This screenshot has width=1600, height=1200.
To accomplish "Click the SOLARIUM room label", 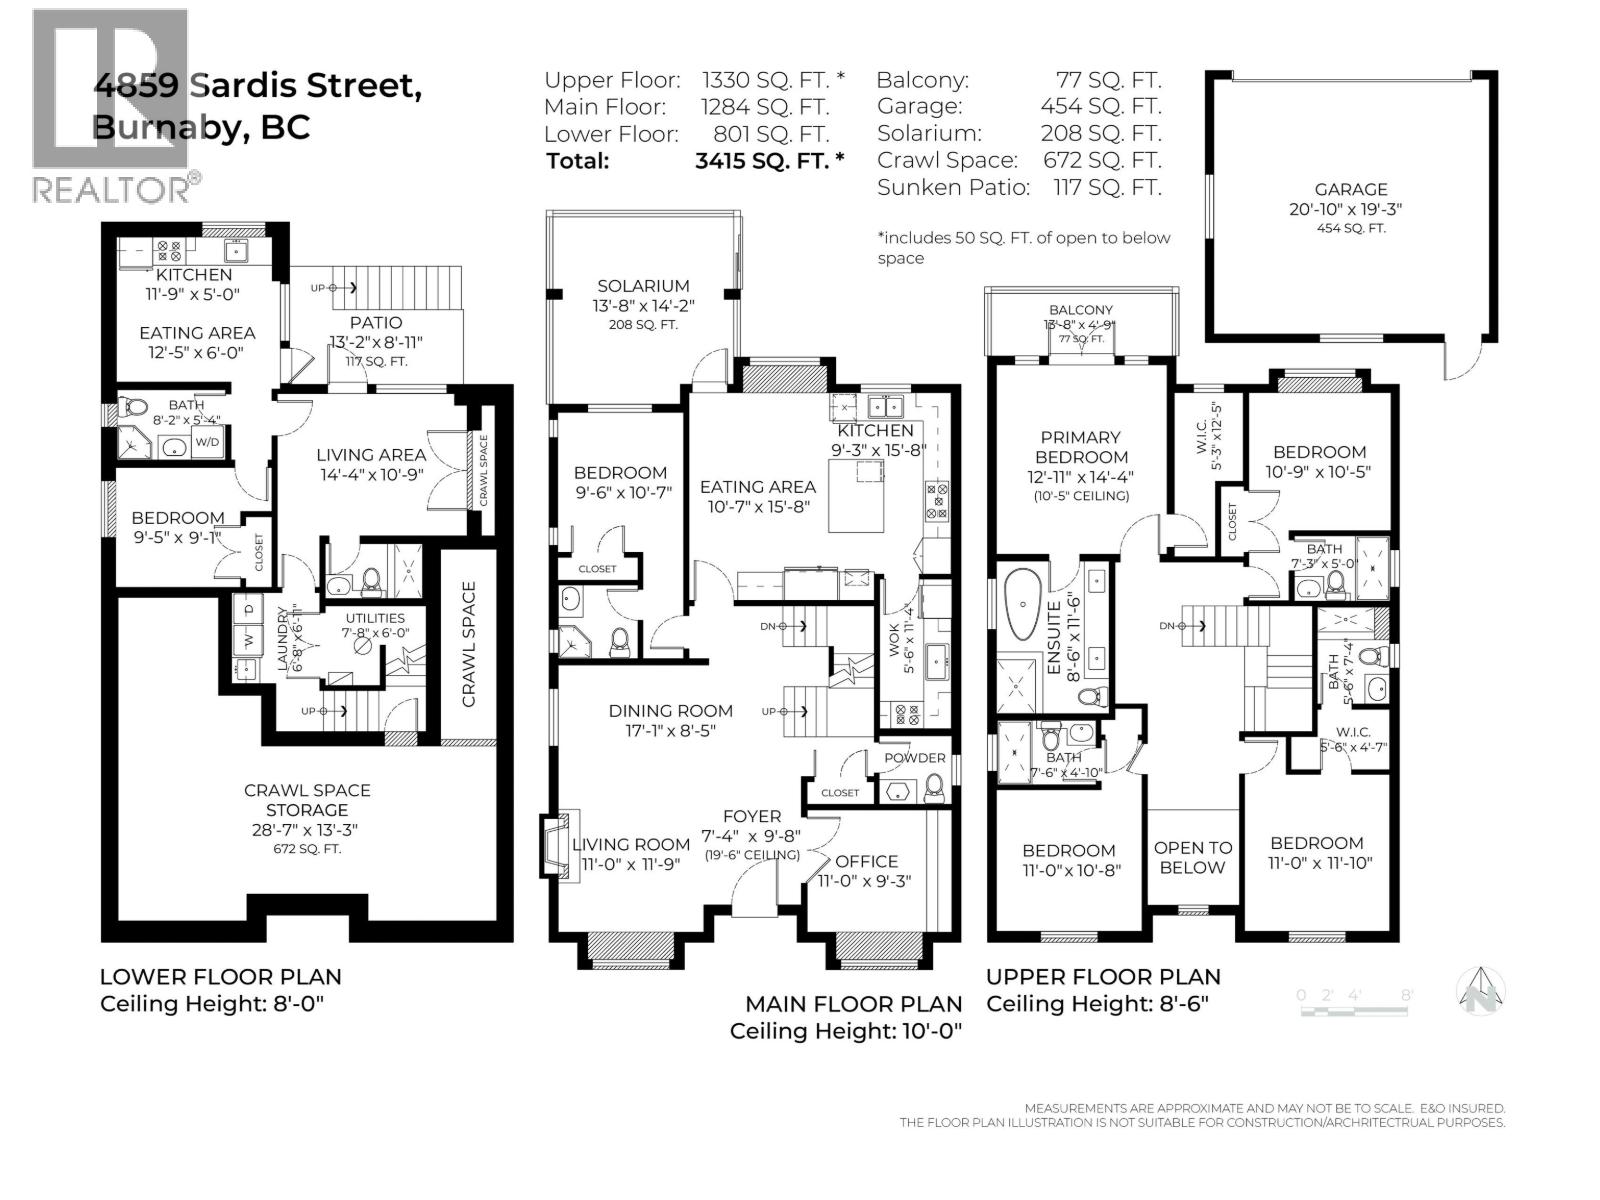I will pyautogui.click(x=643, y=286).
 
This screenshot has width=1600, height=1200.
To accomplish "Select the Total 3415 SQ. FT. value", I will pyautogui.click(x=769, y=160).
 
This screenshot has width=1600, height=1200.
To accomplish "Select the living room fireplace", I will pyautogui.click(x=553, y=846).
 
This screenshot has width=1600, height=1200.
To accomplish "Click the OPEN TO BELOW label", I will pyautogui.click(x=1192, y=857).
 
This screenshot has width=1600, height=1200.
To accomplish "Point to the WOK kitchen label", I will pyautogui.click(x=895, y=640).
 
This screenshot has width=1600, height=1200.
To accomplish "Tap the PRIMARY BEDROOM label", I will pyautogui.click(x=1080, y=447).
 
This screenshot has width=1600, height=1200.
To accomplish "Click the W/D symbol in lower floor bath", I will pyautogui.click(x=208, y=442).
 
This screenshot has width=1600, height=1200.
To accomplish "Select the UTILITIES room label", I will pyautogui.click(x=375, y=618).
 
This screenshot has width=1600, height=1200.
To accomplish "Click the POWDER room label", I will pyautogui.click(x=914, y=758).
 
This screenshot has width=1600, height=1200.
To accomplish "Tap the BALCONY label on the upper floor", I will pyautogui.click(x=1081, y=310).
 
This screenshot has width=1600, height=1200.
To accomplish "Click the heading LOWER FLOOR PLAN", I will pyautogui.click(x=220, y=977).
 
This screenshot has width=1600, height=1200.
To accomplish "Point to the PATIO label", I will pyautogui.click(x=376, y=322).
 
